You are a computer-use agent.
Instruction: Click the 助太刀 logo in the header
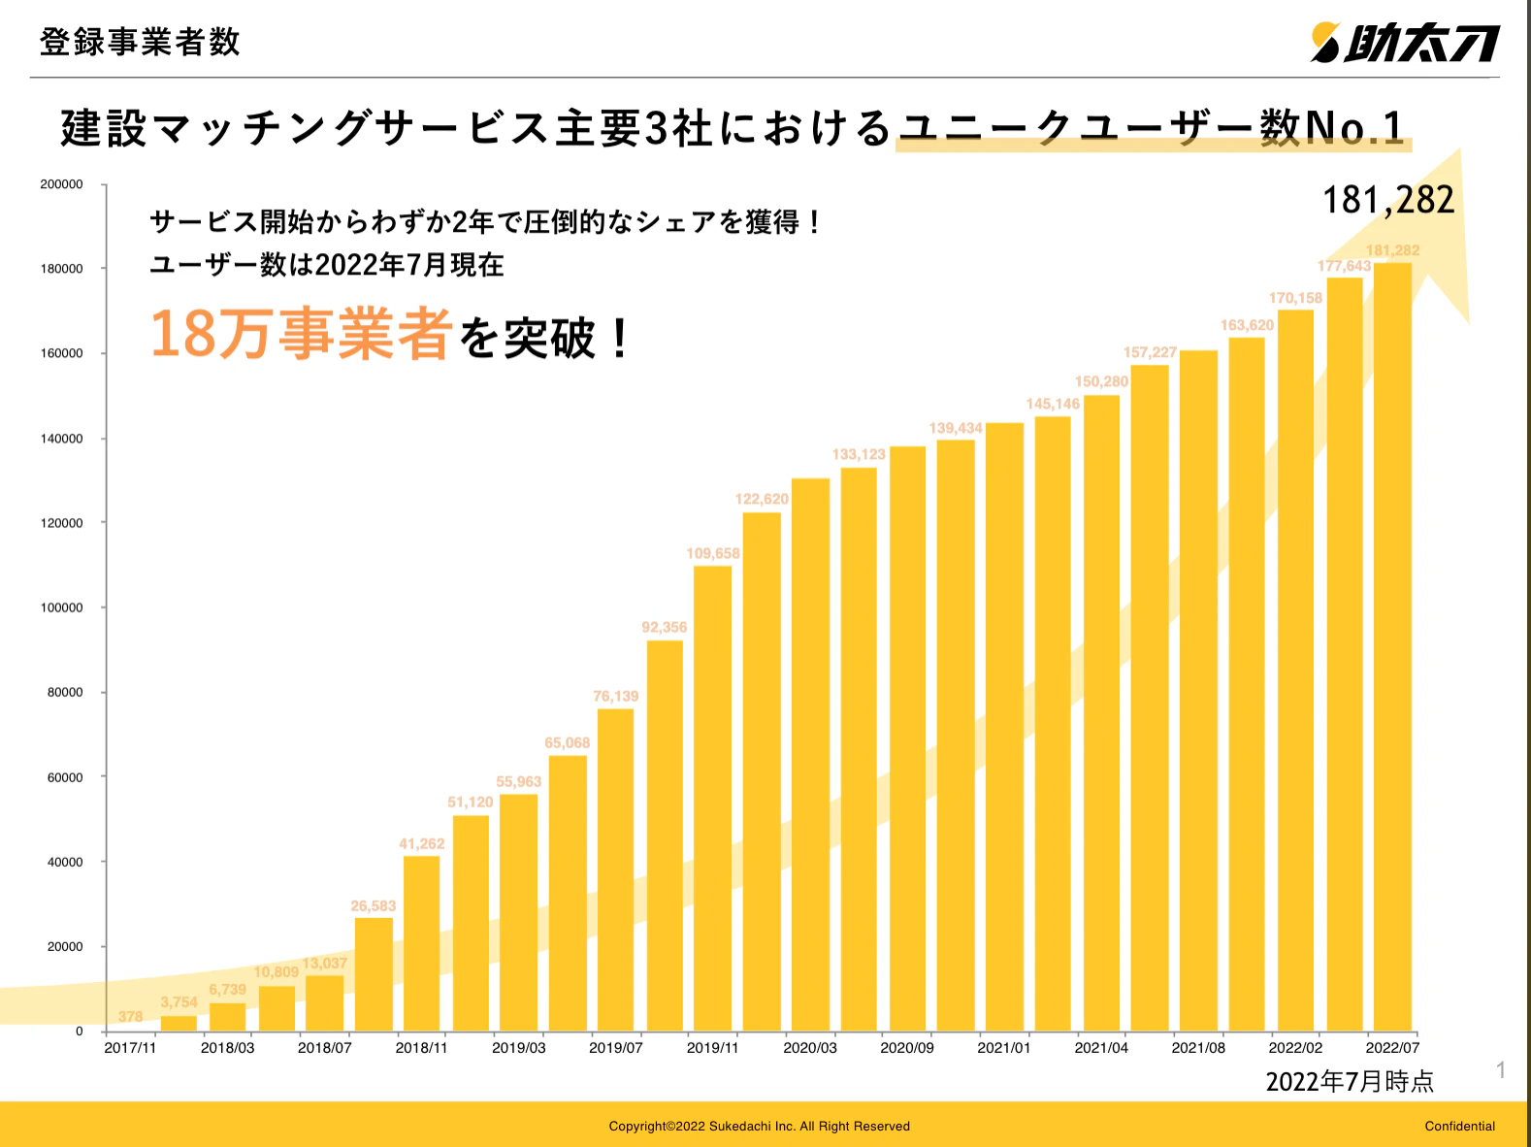(x=1405, y=43)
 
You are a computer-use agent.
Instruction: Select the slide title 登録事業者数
(x=140, y=42)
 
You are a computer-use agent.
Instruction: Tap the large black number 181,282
(x=1388, y=200)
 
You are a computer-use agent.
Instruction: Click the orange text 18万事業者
(x=301, y=334)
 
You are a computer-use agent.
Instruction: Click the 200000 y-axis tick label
(x=61, y=184)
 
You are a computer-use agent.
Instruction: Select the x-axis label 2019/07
(x=615, y=1048)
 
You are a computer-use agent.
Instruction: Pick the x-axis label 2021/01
(x=1003, y=1048)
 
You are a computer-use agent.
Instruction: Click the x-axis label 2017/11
(x=130, y=1048)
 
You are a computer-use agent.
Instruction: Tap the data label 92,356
(x=664, y=628)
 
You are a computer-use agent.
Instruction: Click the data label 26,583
(x=373, y=906)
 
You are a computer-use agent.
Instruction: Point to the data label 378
(x=130, y=1016)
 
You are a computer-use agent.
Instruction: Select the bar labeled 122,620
(x=762, y=771)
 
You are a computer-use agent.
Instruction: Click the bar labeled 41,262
(x=421, y=943)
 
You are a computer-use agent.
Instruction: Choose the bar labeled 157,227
(x=1150, y=699)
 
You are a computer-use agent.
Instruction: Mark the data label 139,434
(x=955, y=428)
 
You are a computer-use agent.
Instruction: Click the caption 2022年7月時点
(x=1350, y=1081)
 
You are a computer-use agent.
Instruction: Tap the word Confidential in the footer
(x=1459, y=1127)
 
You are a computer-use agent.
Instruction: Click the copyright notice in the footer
(x=759, y=1127)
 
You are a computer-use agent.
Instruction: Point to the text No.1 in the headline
(x=1355, y=127)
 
